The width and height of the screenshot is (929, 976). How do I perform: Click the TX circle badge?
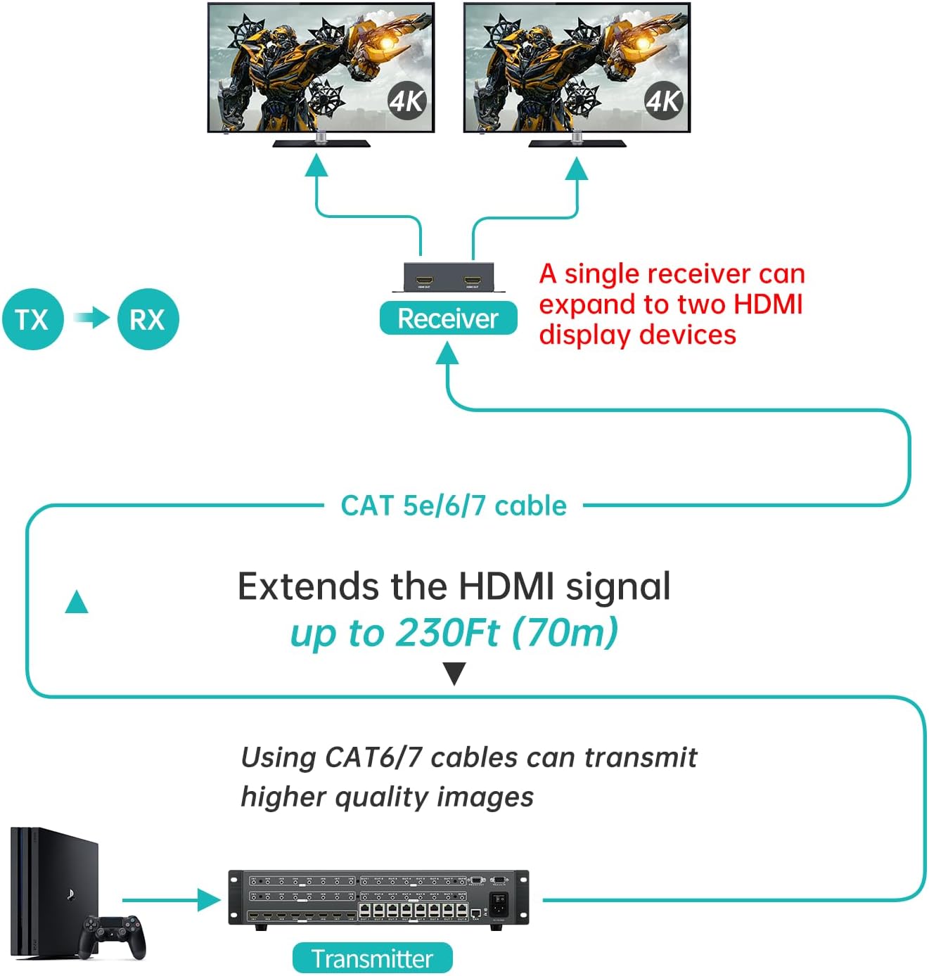(32, 319)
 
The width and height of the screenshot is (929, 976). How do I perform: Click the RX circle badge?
(148, 319)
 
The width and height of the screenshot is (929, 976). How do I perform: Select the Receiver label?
(448, 319)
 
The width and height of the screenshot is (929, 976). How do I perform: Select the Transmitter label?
(372, 958)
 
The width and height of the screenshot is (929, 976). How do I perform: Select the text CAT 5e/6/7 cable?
(454, 506)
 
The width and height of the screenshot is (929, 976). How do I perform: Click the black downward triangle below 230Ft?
(454, 673)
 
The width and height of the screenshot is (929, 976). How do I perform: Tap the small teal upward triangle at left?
(77, 603)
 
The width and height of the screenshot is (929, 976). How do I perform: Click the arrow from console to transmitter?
(172, 899)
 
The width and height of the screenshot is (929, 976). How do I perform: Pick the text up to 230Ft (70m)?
(454, 632)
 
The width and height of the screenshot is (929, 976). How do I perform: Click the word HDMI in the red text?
(768, 304)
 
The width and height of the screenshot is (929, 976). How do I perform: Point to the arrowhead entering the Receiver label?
(447, 353)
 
